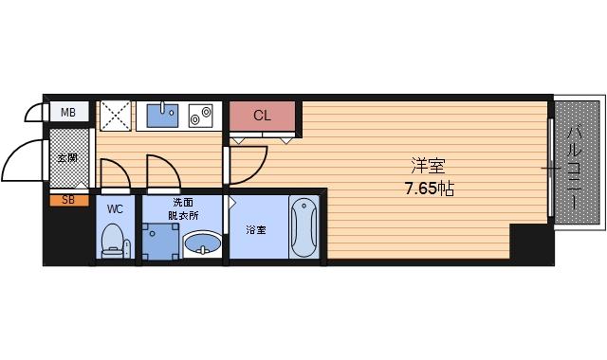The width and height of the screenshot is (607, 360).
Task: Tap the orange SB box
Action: click(68, 200)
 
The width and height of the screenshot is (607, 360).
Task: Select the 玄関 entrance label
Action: click(67, 158)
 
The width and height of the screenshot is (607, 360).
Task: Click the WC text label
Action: click(115, 207)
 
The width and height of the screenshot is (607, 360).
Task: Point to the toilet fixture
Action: click(115, 240)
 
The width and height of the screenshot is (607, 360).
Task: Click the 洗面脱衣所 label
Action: click(184, 208)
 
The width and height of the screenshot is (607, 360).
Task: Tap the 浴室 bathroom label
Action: click(256, 229)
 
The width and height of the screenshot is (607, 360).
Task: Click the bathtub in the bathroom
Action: click(303, 227)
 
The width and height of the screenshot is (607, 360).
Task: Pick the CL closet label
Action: click(263, 116)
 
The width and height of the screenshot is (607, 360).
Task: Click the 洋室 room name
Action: click(424, 162)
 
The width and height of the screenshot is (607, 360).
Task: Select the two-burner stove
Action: click(202, 116)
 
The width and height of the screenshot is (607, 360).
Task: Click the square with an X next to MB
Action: click(115, 116)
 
